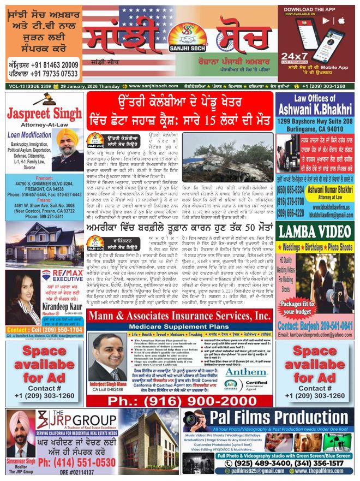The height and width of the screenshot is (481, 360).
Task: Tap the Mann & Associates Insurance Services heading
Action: click(x=179, y=316)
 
